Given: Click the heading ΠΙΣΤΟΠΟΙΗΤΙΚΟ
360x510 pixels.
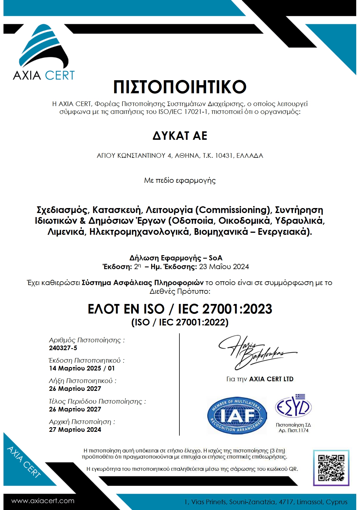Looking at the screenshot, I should tap(180, 87).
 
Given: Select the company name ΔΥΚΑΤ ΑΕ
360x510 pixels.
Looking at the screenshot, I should tap(180, 136).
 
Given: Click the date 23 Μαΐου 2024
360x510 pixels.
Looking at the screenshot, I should tap(224, 267).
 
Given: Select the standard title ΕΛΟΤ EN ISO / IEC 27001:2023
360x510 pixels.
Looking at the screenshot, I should tap(180, 309).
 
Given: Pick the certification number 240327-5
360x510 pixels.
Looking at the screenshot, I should tap(63, 348).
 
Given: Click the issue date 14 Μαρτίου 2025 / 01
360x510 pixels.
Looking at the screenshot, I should tap(82, 368).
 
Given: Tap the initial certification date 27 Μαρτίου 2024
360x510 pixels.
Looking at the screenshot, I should tap(75, 430).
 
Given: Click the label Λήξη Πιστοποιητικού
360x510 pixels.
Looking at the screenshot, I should tap(82, 381).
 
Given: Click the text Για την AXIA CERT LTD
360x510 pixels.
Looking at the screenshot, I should tap(260, 379).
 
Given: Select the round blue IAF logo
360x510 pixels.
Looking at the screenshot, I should tap(237, 416).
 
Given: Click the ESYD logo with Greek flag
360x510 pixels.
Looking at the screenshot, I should tap(293, 406).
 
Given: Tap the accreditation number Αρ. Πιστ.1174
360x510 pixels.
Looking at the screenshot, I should tap(294, 431).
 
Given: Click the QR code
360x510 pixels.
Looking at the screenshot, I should tap(331, 468).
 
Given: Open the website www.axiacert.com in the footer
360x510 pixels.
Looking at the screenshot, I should tap(43, 501).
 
